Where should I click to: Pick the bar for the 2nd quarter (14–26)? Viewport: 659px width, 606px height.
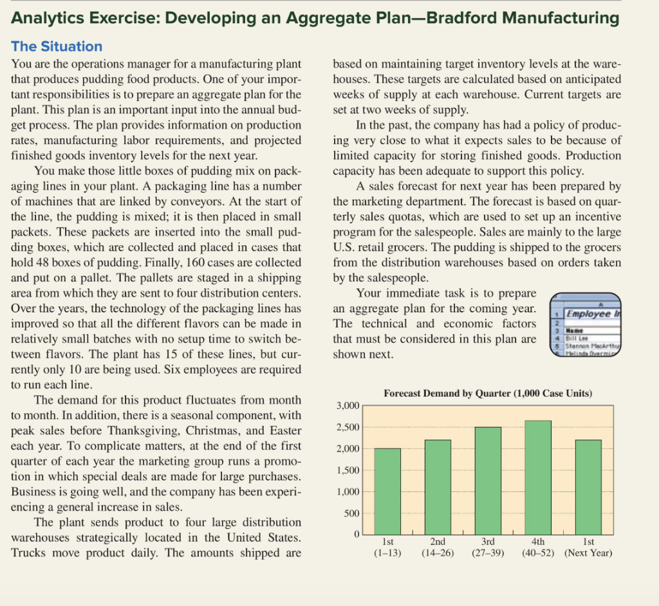(438, 487)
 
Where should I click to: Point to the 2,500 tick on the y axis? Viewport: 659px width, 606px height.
(347, 427)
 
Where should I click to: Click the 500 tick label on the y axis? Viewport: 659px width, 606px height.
(350, 513)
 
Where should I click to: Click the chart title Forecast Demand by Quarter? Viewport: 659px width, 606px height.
(488, 393)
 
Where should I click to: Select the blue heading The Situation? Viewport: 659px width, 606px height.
(57, 46)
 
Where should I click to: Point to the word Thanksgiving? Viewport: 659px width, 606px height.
(140, 430)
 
